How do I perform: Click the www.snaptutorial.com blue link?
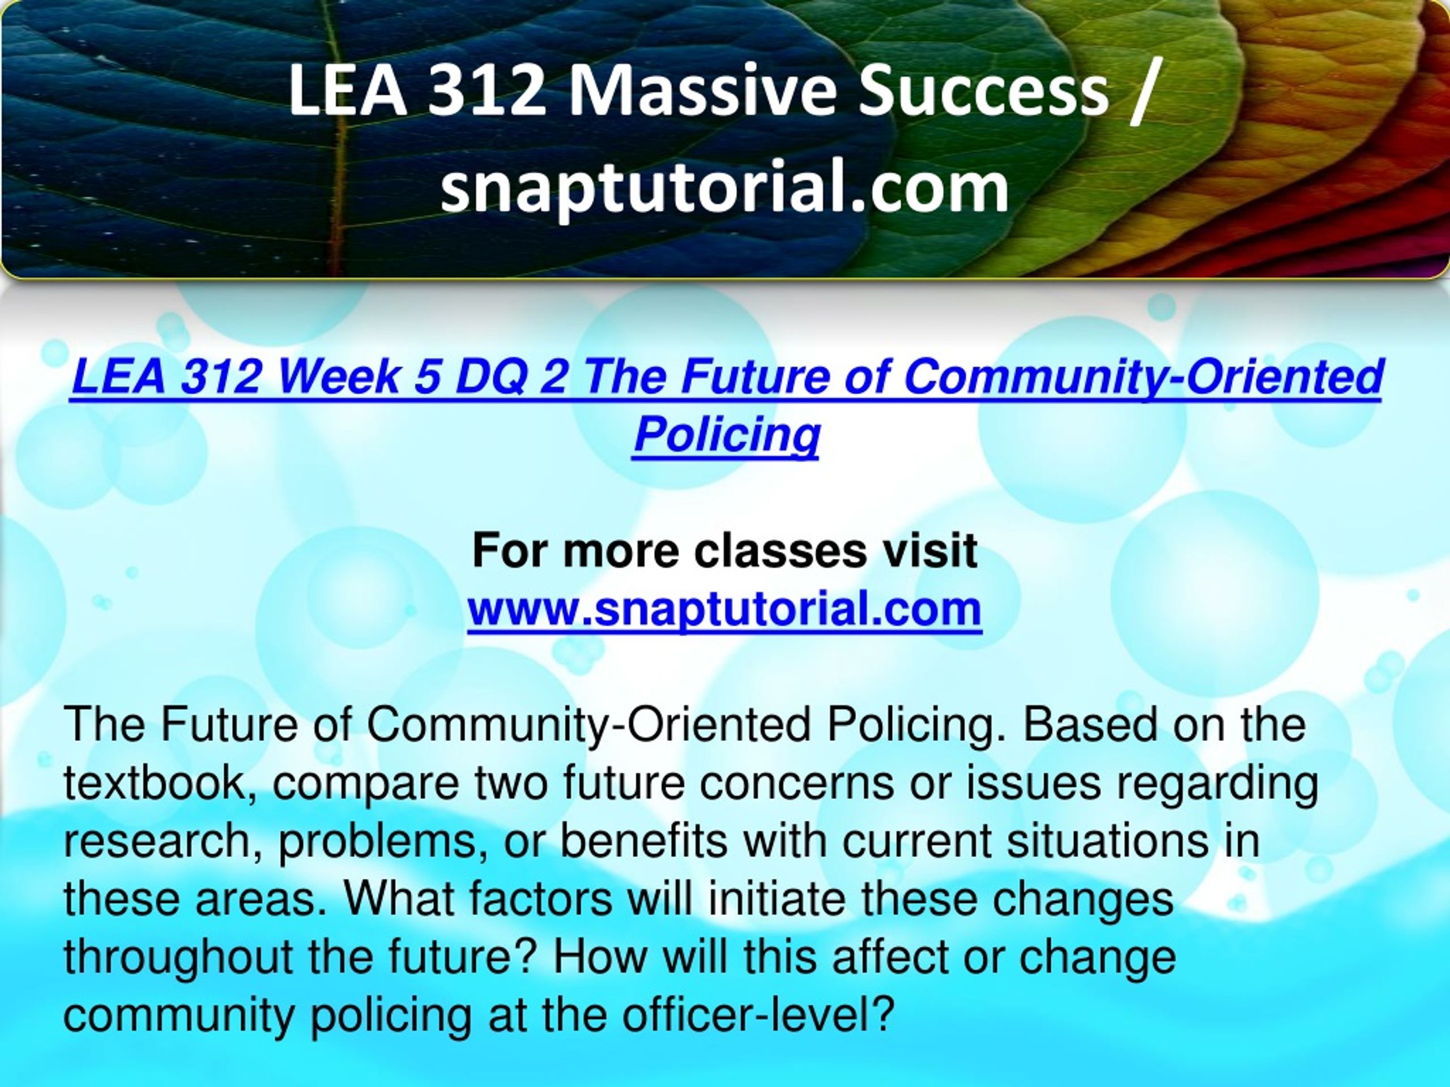pyautogui.click(x=724, y=610)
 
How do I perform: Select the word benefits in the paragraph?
pyautogui.click(x=643, y=842)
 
